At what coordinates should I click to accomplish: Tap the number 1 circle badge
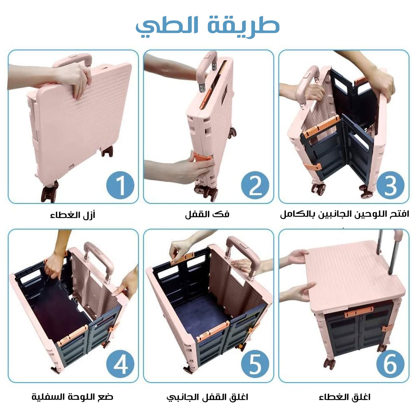click(120, 185)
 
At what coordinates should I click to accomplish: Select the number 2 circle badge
click(255, 185)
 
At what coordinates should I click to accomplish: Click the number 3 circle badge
click(390, 185)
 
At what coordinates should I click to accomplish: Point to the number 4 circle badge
click(120, 364)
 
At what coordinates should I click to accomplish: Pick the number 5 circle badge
click(255, 364)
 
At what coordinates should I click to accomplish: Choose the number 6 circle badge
click(390, 364)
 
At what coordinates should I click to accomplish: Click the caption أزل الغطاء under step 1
click(73, 215)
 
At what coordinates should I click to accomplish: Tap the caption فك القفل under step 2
click(207, 214)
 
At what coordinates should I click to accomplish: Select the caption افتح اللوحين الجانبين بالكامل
click(344, 214)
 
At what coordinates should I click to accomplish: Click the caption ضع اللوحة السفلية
click(73, 397)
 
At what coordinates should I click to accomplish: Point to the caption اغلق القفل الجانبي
click(207, 397)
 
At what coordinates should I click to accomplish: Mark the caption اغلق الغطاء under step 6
click(344, 397)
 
